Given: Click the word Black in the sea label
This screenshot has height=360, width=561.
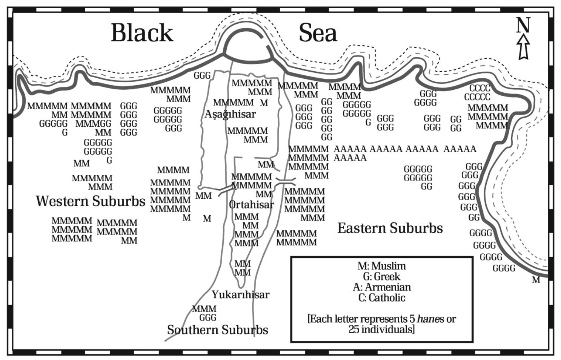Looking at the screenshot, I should [142, 33].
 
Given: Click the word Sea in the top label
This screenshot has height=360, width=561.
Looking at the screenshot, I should [317, 33].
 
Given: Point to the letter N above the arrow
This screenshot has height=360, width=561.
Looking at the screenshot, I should [523, 25].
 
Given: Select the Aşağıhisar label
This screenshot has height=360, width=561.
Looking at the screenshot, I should [230, 114].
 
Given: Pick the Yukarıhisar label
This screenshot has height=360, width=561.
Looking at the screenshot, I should [240, 294].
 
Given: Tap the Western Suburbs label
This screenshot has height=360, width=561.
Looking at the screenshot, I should [91, 201].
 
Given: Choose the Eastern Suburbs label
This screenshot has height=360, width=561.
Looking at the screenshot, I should [390, 228].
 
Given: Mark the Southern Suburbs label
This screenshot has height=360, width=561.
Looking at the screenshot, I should [217, 330].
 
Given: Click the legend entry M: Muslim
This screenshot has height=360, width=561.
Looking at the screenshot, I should [381, 266].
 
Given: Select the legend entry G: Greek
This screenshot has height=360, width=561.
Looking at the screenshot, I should [381, 277].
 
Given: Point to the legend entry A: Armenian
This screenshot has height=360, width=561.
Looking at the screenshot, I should [381, 287].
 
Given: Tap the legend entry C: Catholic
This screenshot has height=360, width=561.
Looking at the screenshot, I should [381, 298].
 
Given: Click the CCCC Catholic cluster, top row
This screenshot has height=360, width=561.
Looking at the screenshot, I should [480, 89].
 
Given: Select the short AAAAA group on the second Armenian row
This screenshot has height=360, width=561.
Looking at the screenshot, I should [350, 158].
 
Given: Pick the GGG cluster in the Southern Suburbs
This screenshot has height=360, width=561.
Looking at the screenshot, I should [207, 318].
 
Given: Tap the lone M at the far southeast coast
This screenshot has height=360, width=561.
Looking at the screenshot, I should [536, 280].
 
